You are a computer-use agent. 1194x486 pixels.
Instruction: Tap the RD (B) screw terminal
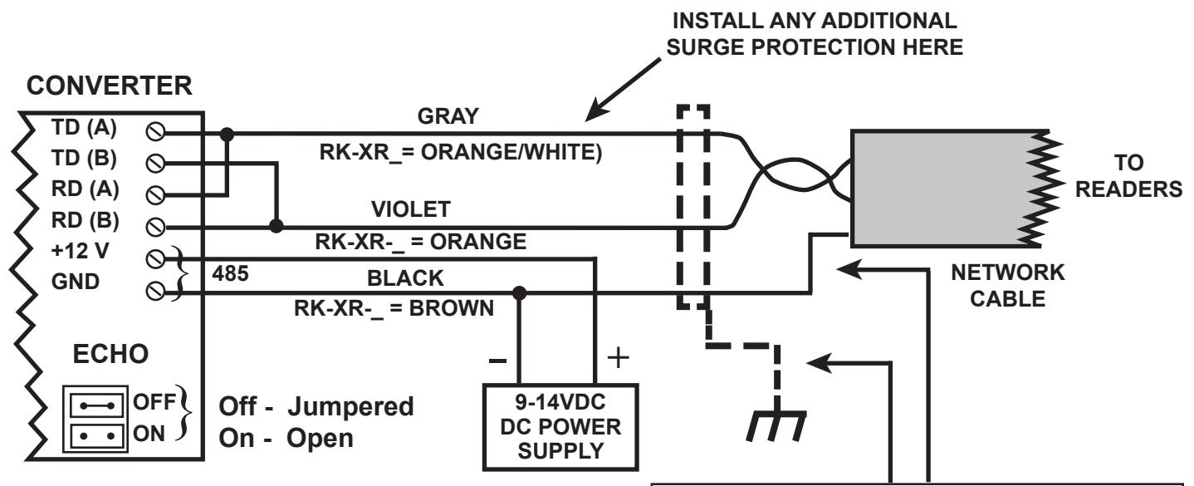(x=155, y=228)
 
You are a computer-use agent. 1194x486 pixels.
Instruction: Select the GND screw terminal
(x=155, y=292)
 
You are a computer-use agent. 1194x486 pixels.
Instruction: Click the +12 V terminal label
(x=80, y=251)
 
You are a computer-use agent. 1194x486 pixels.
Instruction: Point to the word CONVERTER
(x=110, y=86)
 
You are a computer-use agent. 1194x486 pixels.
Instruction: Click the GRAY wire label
(x=448, y=116)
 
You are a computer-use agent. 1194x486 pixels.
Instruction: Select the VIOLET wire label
(x=411, y=209)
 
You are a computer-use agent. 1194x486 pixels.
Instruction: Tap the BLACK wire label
(x=405, y=278)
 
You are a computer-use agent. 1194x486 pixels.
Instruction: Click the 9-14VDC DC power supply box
(x=560, y=427)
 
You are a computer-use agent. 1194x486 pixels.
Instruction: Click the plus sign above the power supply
(x=619, y=357)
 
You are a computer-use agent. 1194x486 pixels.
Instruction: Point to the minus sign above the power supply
(x=497, y=361)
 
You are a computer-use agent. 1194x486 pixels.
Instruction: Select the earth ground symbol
(x=776, y=425)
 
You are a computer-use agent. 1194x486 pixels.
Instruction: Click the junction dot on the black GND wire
(x=519, y=293)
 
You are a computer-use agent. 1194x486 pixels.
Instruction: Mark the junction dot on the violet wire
(x=276, y=226)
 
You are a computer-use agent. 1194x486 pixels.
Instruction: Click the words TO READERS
(x=1128, y=176)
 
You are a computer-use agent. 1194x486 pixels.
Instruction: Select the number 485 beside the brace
(x=230, y=273)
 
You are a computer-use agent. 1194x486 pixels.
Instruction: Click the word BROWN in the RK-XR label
(x=451, y=308)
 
